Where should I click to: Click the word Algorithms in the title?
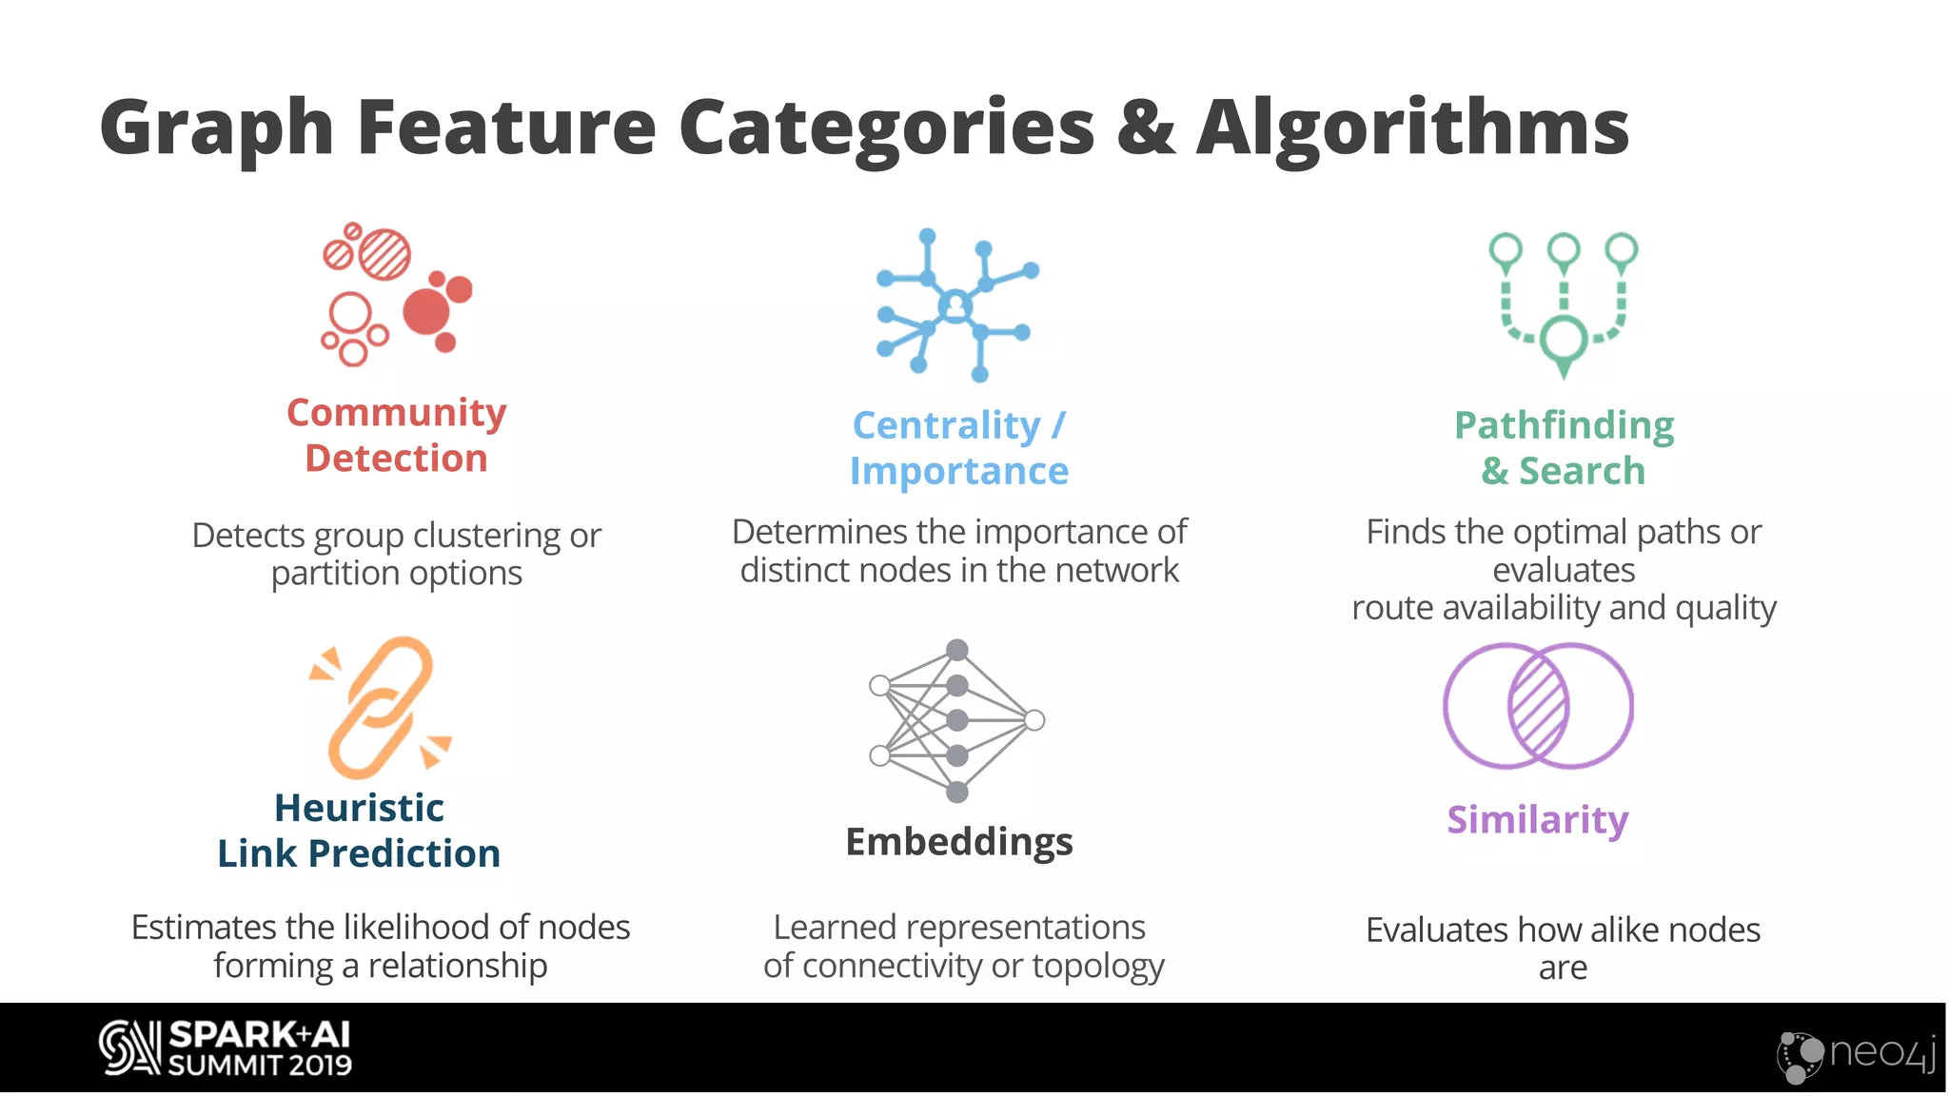click(x=1412, y=128)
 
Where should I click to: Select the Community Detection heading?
click(x=396, y=436)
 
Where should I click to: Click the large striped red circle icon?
click(x=385, y=254)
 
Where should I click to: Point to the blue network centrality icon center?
click(x=955, y=306)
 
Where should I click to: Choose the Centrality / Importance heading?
click(x=959, y=448)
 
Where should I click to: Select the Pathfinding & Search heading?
click(x=1564, y=448)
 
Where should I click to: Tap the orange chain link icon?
click(x=381, y=707)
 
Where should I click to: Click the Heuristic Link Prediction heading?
click(x=359, y=831)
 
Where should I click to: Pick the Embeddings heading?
click(x=959, y=842)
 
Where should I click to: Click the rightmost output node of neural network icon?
click(x=1034, y=720)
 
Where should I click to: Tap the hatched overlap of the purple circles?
click(x=1538, y=706)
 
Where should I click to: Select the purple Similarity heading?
click(x=1538, y=820)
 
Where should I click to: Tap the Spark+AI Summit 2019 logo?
click(x=226, y=1048)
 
